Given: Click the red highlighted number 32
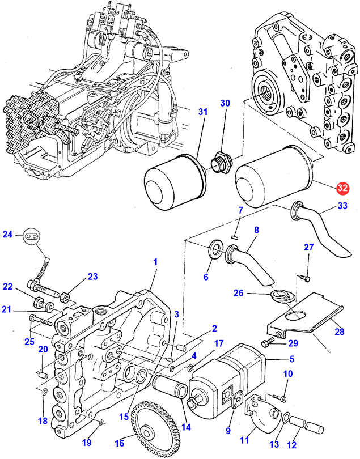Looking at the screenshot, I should click(x=342, y=188).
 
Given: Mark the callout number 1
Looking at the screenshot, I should click(x=155, y=262).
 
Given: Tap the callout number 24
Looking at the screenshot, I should click(x=7, y=234).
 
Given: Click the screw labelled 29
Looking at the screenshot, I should click(x=270, y=342).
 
